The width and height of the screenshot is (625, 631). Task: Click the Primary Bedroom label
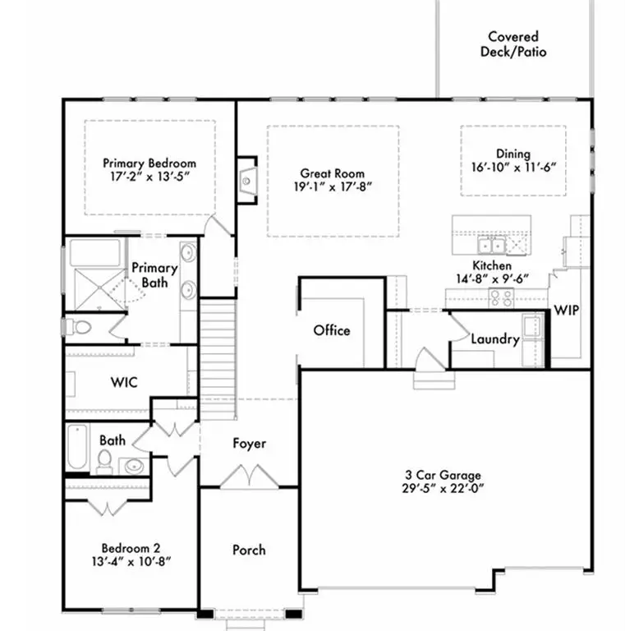149,163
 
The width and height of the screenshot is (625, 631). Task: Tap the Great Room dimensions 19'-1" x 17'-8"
332,187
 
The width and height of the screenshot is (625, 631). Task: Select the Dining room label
513,154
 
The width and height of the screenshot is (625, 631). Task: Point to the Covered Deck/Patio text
513,44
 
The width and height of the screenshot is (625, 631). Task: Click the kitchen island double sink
493,244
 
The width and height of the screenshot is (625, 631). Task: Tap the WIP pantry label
568,311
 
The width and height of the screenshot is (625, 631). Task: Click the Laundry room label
494,339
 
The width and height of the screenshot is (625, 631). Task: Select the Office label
332,330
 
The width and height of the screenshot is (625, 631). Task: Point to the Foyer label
249,444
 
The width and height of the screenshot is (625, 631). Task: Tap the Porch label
249,549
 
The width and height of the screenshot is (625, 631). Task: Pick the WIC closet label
124,382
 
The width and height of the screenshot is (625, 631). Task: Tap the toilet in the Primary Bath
80,328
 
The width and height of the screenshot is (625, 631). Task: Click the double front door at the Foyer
249,478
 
